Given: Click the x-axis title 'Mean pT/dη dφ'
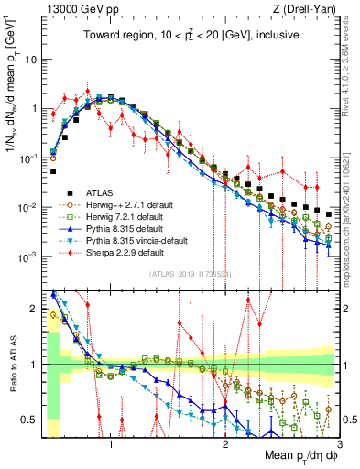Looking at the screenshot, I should (297, 455).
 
